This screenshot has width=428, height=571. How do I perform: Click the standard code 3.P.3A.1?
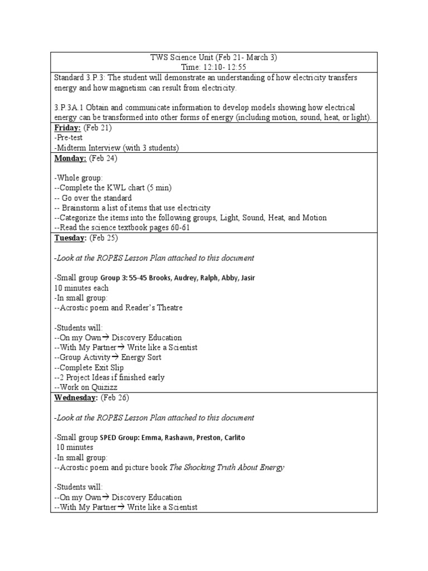click(71, 107)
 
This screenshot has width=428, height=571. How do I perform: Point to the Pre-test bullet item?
click(67, 138)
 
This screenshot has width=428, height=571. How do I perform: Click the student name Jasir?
click(246, 278)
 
